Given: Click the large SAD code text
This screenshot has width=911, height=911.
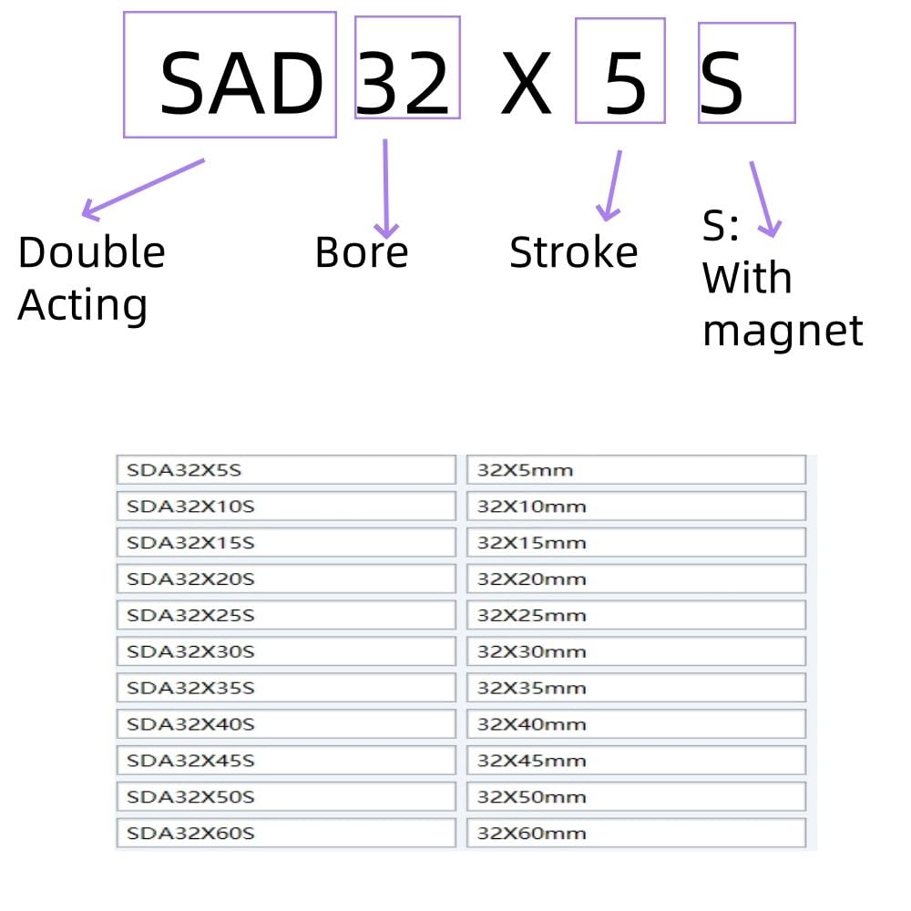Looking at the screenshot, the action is pos(241,83).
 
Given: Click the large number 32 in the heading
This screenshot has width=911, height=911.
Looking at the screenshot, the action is pos(403,83).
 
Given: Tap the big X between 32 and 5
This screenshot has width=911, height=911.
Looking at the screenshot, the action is pos(526,83).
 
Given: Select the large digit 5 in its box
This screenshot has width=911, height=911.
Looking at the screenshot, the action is pos(626,83).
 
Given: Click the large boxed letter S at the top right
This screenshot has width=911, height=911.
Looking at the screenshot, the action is pos(721,83).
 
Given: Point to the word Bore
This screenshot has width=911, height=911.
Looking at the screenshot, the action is pos(362,252).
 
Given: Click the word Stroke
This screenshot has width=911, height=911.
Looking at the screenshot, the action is pos(573,252).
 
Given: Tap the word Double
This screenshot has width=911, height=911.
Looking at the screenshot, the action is pos(92,252).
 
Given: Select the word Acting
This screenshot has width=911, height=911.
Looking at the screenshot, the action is pos(83,305).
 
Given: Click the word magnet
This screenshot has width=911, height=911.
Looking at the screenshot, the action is pos(783,332).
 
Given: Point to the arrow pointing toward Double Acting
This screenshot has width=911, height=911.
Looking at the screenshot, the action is pos(143,189).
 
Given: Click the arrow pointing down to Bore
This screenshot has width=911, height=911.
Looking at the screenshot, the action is pos(385,189).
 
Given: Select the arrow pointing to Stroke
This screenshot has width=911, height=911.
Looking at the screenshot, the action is pos(610,185).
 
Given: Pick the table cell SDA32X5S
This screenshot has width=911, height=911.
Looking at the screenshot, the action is pos(286,470).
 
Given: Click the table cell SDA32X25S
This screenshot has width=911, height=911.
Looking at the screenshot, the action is pos(286,615).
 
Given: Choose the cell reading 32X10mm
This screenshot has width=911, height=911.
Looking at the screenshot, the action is pos(636,506).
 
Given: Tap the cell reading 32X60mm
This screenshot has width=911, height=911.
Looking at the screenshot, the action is pos(636,834).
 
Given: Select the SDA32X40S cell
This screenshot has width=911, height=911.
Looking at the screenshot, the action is pos(286,724).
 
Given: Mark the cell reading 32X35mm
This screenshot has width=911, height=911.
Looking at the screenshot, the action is pos(636,688).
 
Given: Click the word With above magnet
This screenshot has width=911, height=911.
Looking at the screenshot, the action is pos(747,278).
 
